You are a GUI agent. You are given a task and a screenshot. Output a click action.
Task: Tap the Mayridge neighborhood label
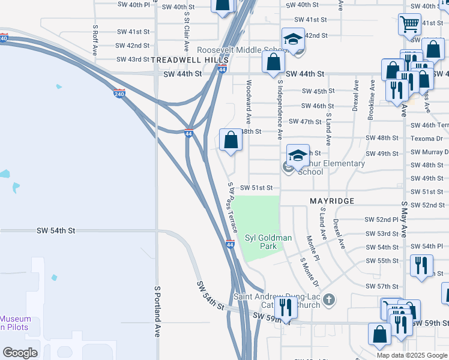click(x=332, y=200)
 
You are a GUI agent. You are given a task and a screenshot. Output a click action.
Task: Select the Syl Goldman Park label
click(x=268, y=242)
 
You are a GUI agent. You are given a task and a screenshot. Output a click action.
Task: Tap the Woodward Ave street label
click(x=249, y=103)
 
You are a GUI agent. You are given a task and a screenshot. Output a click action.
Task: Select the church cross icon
click(x=328, y=299)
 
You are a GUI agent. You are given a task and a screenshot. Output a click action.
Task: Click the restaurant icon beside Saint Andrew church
click(x=286, y=308)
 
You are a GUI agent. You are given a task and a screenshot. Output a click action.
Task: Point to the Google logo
click(x=20, y=352)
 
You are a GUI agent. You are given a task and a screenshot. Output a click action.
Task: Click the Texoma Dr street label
click(x=426, y=139)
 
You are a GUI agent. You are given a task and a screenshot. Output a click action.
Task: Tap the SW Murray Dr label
click(x=429, y=152)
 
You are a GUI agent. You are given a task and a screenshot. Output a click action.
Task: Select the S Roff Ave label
click(x=95, y=40)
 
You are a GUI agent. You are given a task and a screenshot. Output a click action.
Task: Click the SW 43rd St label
click(x=133, y=59)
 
